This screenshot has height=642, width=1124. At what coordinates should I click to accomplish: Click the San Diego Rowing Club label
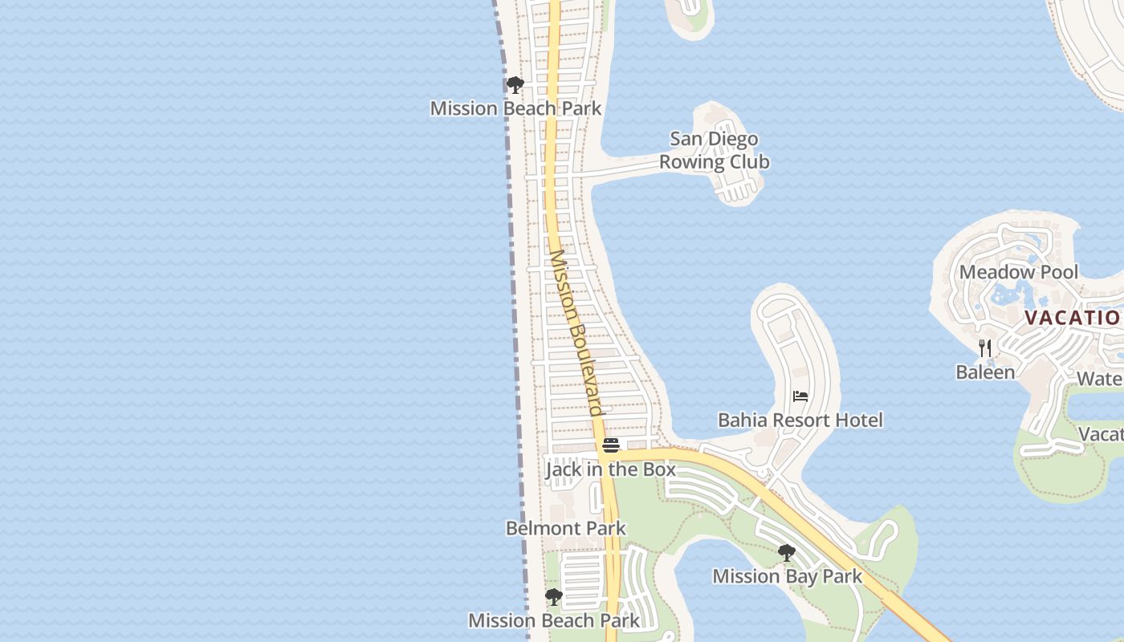(714, 150)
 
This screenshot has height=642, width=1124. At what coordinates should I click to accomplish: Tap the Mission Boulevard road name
(575, 333)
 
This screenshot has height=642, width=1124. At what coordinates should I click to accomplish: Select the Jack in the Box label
(610, 469)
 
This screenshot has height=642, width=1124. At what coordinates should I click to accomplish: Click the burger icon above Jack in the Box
(611, 445)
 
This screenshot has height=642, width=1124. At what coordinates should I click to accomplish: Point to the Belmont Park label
(565, 528)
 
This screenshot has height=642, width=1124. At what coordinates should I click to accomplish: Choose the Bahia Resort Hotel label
(800, 420)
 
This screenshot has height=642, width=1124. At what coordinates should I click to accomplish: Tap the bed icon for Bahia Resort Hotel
(800, 396)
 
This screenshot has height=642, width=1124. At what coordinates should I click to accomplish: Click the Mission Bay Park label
(787, 576)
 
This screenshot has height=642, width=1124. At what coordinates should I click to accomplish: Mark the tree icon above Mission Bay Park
(787, 552)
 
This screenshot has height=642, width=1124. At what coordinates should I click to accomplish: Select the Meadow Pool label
(1018, 272)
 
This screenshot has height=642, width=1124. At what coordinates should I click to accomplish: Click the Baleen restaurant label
(985, 372)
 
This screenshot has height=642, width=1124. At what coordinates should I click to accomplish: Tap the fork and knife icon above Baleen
(985, 348)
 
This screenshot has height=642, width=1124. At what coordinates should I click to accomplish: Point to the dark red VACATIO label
(1072, 317)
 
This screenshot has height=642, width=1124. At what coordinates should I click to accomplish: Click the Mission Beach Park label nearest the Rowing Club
(515, 108)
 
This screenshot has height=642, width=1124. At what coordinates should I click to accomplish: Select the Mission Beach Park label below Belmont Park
(554, 620)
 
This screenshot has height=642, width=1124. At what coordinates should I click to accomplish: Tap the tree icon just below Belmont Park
(553, 597)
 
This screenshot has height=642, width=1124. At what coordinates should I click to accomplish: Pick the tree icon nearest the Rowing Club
(515, 84)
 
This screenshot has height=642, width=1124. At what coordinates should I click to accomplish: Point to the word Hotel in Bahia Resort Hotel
(857, 420)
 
